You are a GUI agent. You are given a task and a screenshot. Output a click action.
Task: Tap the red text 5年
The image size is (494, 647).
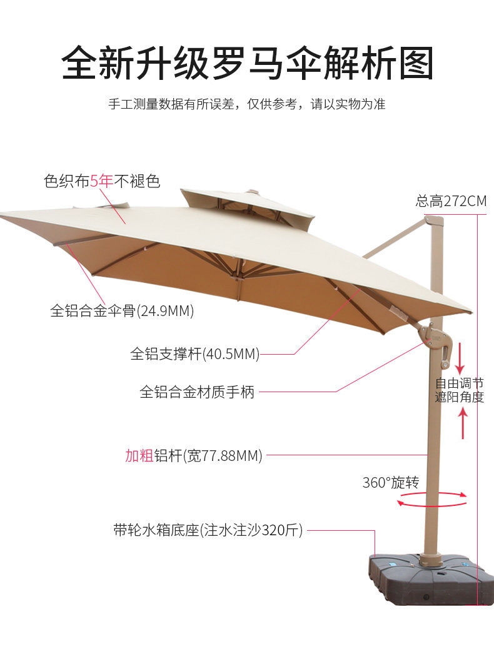[x=101, y=182]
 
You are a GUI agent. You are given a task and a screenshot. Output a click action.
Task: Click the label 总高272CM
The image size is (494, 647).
[x=450, y=201]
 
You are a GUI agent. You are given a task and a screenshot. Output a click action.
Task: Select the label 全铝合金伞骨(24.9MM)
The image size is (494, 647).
[x=122, y=310]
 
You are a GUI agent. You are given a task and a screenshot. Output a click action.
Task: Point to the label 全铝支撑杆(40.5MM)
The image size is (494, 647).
[x=194, y=354]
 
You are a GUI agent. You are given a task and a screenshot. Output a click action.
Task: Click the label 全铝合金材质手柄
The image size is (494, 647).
[x=197, y=392]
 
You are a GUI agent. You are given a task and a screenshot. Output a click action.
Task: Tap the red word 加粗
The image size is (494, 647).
[x=139, y=455]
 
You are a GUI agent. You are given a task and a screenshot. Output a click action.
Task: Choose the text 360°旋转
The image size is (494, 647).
[x=391, y=482]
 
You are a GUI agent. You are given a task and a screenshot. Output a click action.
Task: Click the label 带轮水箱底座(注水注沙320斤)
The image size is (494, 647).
[x=208, y=531]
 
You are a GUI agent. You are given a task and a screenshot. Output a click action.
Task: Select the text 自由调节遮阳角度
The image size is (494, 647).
[x=460, y=390]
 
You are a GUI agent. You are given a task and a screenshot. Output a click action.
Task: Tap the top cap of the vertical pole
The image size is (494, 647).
[x=434, y=220]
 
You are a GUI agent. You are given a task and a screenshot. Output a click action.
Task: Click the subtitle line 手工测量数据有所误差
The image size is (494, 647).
[x=247, y=104]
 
